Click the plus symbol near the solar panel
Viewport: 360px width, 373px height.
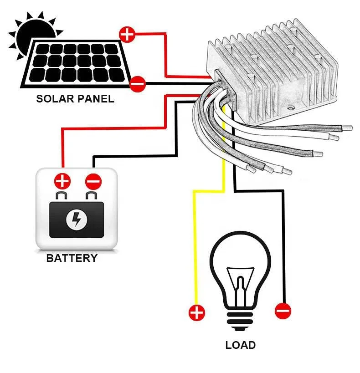point(127,35)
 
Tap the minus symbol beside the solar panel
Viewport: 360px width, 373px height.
point(137,84)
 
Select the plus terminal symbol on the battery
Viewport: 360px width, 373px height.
point(62,182)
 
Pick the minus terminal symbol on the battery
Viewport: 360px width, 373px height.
point(93,182)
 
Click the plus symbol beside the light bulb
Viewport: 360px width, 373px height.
point(197,312)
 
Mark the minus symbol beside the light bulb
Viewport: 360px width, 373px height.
point(283,312)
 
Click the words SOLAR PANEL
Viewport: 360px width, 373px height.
point(75,99)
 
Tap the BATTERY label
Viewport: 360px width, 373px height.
point(72,258)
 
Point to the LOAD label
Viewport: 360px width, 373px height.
point(240,345)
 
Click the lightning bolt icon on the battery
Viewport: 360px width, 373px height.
point(75,220)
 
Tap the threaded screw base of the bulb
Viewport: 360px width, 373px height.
point(240,319)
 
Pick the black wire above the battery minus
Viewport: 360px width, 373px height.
point(94,162)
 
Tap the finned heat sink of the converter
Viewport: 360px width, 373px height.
point(278,68)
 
